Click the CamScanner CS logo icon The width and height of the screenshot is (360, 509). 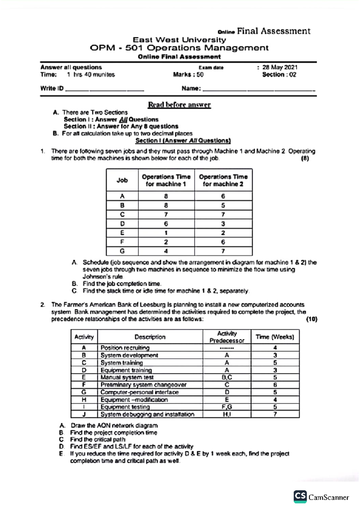pyautogui.click(x=300, y=496)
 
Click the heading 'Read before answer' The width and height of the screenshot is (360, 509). pyautogui.click(x=179, y=105)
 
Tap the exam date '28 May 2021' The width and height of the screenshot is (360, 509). pyautogui.click(x=280, y=67)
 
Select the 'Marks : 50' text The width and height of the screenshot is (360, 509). pyautogui.click(x=188, y=75)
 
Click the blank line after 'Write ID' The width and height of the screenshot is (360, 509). pyautogui.click(x=104, y=89)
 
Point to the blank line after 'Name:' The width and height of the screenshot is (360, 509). pyautogui.click(x=259, y=89)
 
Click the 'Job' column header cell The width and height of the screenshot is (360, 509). pyautogui.click(x=122, y=180)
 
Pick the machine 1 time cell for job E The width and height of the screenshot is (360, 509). pyautogui.click(x=166, y=233)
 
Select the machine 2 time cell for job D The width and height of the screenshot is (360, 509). pyautogui.click(x=223, y=224)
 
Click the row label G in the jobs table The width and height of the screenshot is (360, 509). pyautogui.click(x=122, y=251)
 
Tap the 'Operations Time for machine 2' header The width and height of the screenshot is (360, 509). pyautogui.click(x=223, y=180)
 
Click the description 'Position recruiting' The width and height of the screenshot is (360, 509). pyautogui.click(x=125, y=348)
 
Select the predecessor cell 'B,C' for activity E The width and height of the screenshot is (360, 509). pyautogui.click(x=227, y=377)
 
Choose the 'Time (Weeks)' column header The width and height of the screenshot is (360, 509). pyautogui.click(x=275, y=337)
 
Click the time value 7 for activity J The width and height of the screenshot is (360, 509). pyautogui.click(x=275, y=414)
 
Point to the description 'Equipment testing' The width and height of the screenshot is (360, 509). pyautogui.click(x=125, y=407)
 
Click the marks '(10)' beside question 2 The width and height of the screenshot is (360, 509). pyautogui.click(x=311, y=319)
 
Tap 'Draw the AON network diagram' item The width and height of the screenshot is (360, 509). pyautogui.click(x=114, y=425)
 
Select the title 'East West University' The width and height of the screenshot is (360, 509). pyautogui.click(x=179, y=40)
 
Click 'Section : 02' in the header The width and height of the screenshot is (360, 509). pyautogui.click(x=279, y=75)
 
